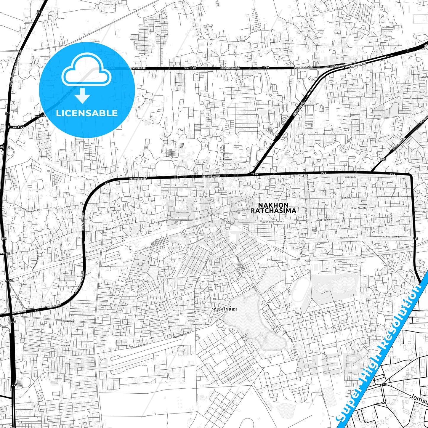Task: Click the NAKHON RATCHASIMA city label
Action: point(273,208)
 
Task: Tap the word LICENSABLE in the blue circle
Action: point(87,113)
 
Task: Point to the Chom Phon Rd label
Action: point(359,208)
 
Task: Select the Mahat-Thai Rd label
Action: point(322,220)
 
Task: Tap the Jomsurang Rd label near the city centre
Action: point(227,221)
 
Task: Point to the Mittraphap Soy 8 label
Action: point(31,212)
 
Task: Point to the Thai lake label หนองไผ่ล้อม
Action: point(225,309)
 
